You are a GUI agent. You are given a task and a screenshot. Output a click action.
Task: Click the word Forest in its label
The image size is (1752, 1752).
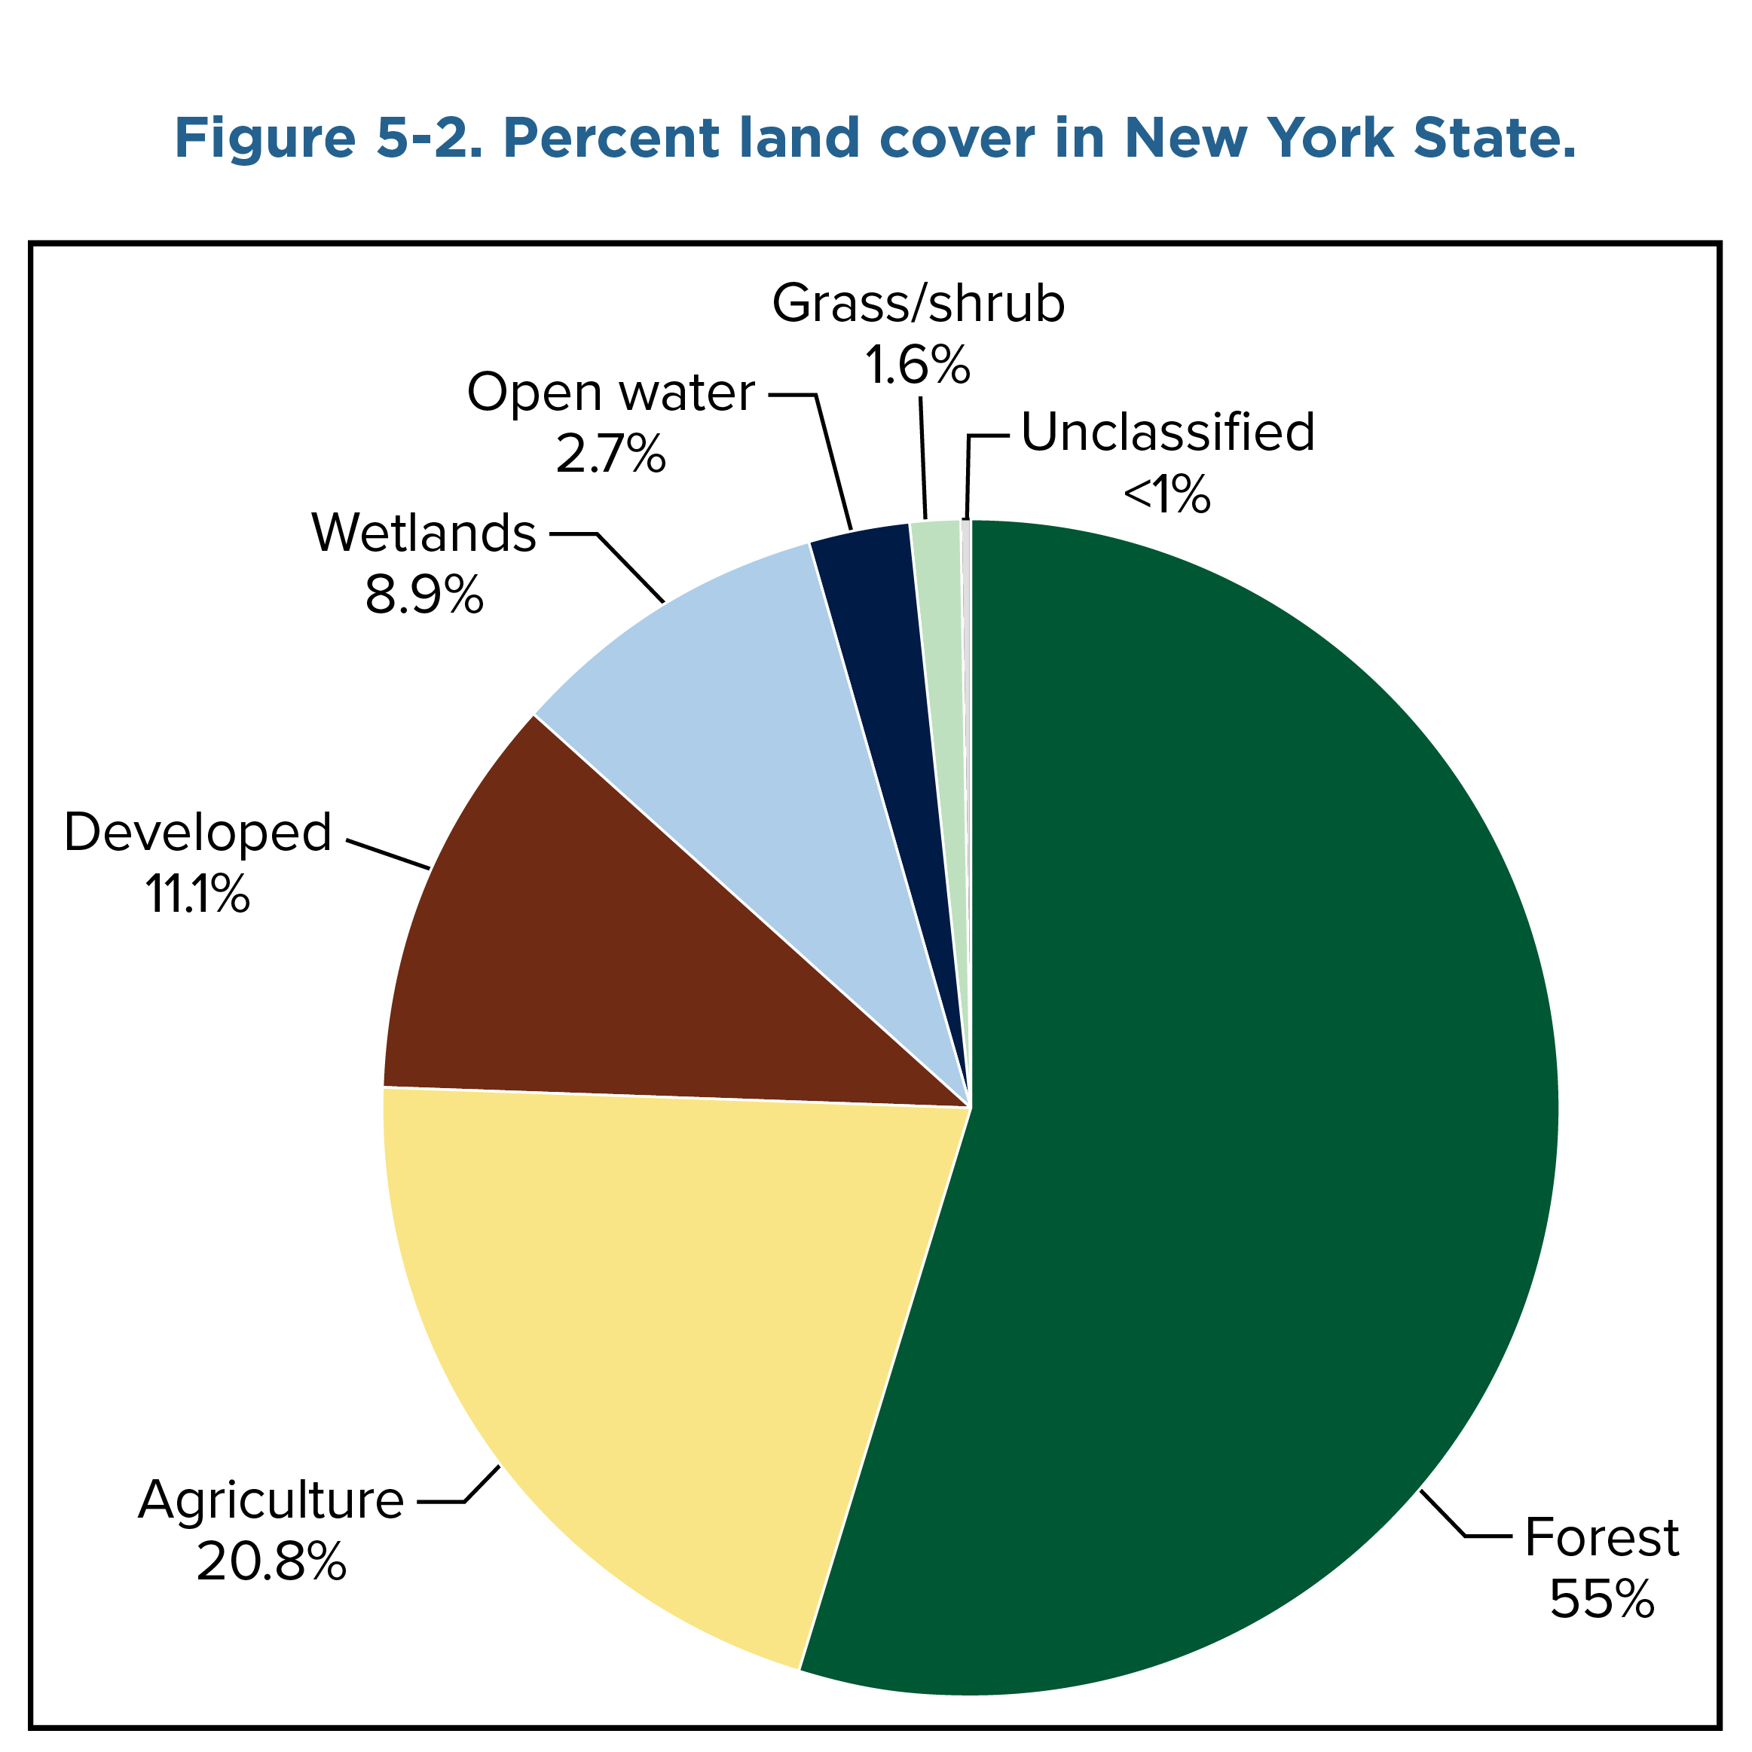[1601, 1538]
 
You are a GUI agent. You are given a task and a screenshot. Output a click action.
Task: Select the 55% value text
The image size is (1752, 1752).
[1601, 1600]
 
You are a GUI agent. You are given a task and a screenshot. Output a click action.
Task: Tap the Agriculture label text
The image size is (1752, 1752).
[271, 1501]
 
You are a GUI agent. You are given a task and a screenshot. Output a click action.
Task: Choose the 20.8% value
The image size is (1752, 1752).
[271, 1561]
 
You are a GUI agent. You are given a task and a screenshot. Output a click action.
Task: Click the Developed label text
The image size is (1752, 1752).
[197, 833]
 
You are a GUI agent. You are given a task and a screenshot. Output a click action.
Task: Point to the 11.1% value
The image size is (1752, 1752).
[197, 894]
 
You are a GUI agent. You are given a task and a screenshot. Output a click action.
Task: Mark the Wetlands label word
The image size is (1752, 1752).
[423, 534]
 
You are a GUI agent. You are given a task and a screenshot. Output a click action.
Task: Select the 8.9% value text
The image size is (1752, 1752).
[423, 596]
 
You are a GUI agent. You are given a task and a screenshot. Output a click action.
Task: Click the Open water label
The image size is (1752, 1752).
[610, 393]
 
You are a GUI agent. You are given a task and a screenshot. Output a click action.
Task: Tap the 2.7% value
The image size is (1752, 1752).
[610, 454]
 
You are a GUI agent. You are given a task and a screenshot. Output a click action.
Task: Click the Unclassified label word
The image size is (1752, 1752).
[1168, 433]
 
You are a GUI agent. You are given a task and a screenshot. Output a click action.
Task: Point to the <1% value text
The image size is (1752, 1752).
[1166, 495]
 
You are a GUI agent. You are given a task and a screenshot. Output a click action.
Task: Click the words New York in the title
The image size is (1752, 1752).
[1257, 138]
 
